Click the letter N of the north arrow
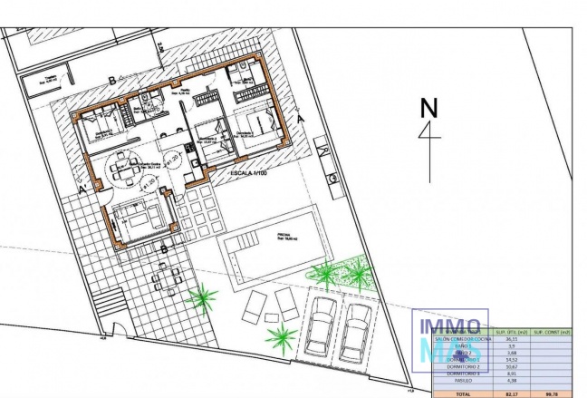428,107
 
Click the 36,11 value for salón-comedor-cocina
512,340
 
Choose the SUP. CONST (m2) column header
553,332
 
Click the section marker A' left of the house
83,191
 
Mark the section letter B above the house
111,81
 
